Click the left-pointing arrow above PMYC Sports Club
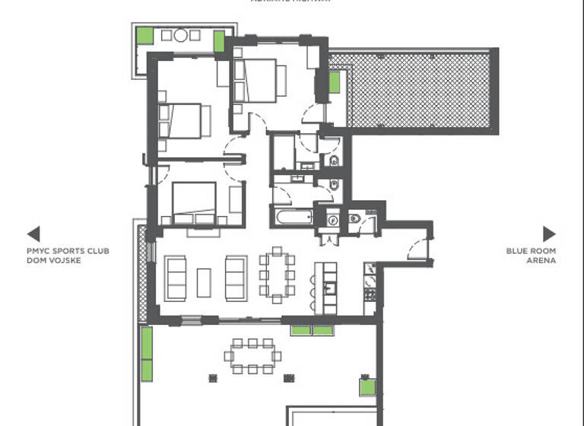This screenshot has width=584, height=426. coord(33,234)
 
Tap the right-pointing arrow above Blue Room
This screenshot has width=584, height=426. coord(549,234)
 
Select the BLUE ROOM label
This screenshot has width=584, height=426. coord(531,251)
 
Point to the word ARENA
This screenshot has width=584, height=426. coord(541,260)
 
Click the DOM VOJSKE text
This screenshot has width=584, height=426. coord(53,260)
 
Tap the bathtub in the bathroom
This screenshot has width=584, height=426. coord(294,218)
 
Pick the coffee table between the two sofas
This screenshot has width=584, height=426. coord(204,281)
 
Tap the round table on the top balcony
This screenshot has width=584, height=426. coord(181,35)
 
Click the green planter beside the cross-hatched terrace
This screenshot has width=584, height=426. coord(335,82)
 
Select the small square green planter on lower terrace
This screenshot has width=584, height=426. coord(367,387)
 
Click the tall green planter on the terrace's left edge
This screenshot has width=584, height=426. coord(146,353)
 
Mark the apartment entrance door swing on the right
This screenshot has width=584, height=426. coord(417,248)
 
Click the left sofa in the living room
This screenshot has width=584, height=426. coord(176,278)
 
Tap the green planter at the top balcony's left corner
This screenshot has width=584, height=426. coord(144,35)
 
